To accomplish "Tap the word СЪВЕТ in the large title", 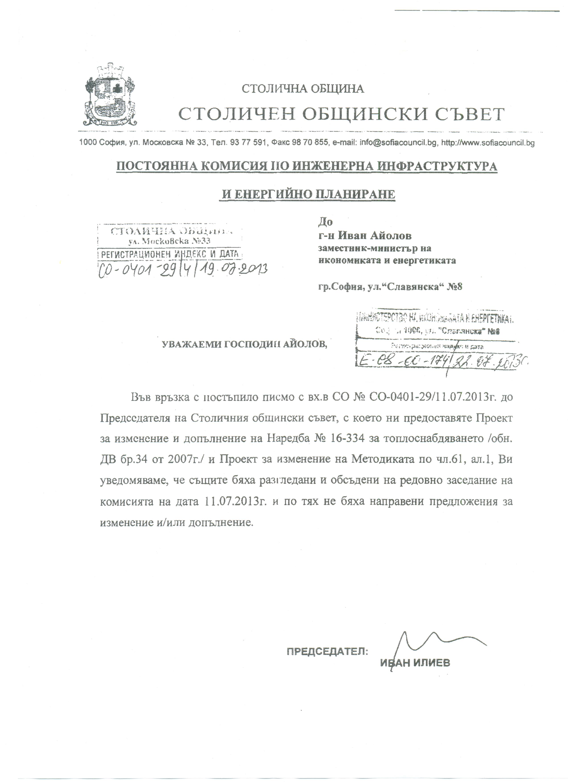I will [470, 114].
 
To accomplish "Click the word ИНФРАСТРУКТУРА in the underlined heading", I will [437, 167].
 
